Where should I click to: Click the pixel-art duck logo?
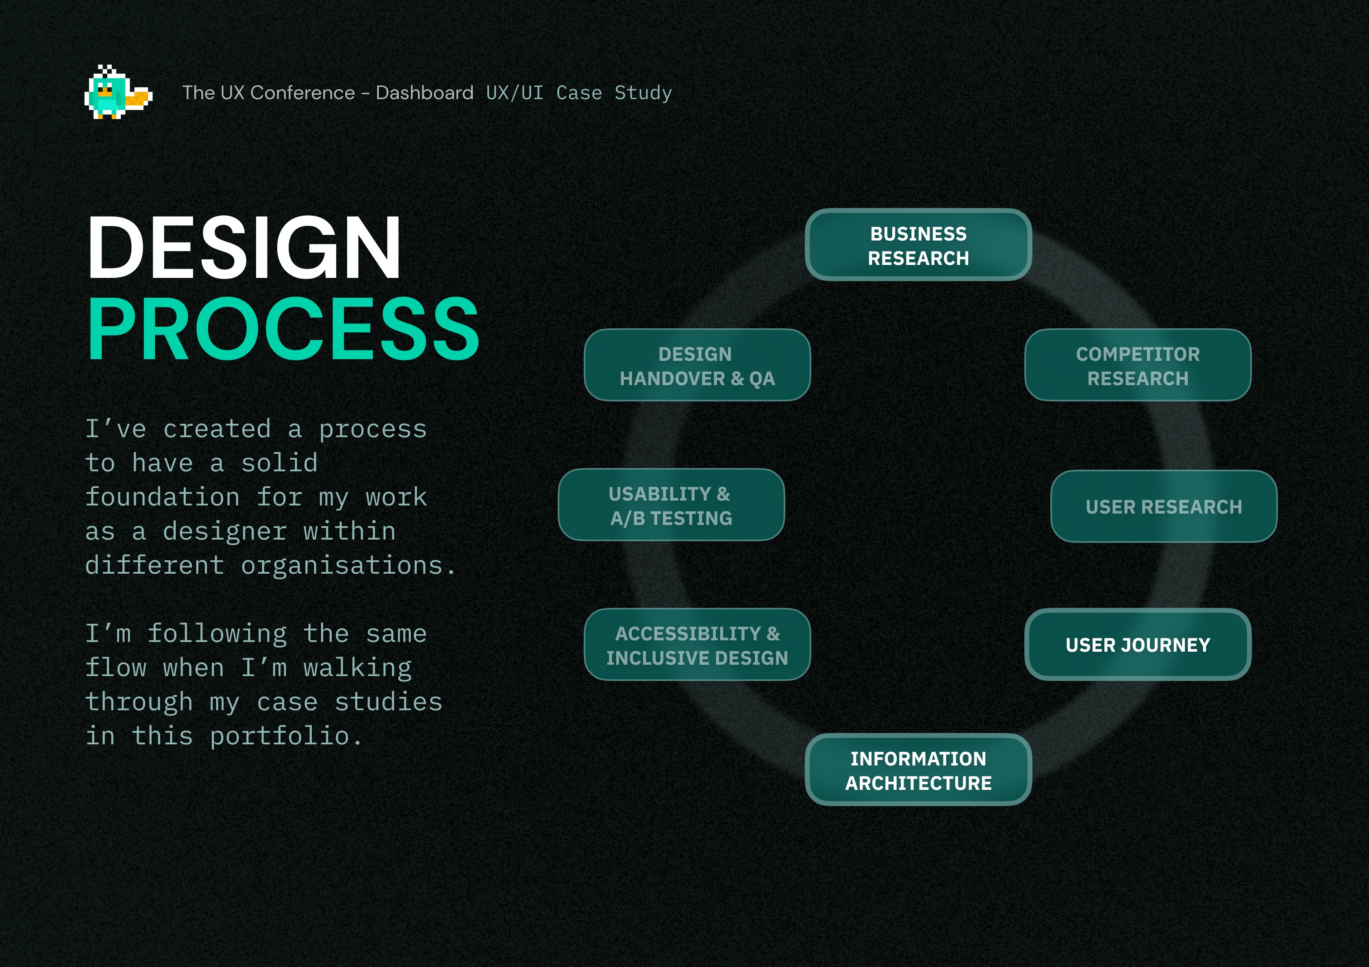[x=118, y=92]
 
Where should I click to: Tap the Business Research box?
[x=918, y=245]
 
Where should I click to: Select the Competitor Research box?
[x=1138, y=365]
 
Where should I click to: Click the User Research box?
[x=1164, y=506]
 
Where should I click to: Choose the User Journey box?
[x=1138, y=644]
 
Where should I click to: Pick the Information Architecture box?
[x=918, y=770]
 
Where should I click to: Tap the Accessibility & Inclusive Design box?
[x=697, y=644]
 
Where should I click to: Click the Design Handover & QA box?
[x=697, y=365]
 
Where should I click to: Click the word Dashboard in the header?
[x=424, y=93]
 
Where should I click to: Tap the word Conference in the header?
[x=303, y=93]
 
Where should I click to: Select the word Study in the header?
[x=643, y=93]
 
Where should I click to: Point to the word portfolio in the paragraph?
[x=280, y=736]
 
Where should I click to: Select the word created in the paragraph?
[x=217, y=429]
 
